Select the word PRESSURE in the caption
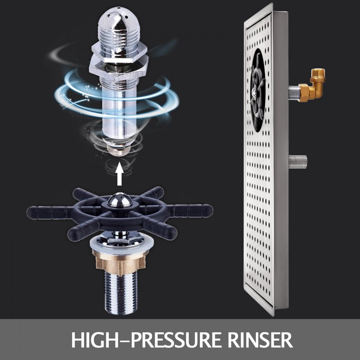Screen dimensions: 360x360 (176, 340)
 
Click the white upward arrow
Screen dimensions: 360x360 (120, 174)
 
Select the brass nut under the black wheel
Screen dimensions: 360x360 (119, 262)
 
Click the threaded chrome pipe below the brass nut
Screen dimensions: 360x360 (120, 293)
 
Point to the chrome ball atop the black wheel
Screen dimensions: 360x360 (120, 199)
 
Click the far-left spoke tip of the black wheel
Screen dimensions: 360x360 (31, 212)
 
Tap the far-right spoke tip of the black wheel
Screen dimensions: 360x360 (208, 211)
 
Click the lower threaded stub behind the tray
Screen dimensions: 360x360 (298, 161)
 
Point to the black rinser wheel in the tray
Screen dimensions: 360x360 (258, 90)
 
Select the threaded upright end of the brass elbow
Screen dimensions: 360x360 (318, 73)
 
